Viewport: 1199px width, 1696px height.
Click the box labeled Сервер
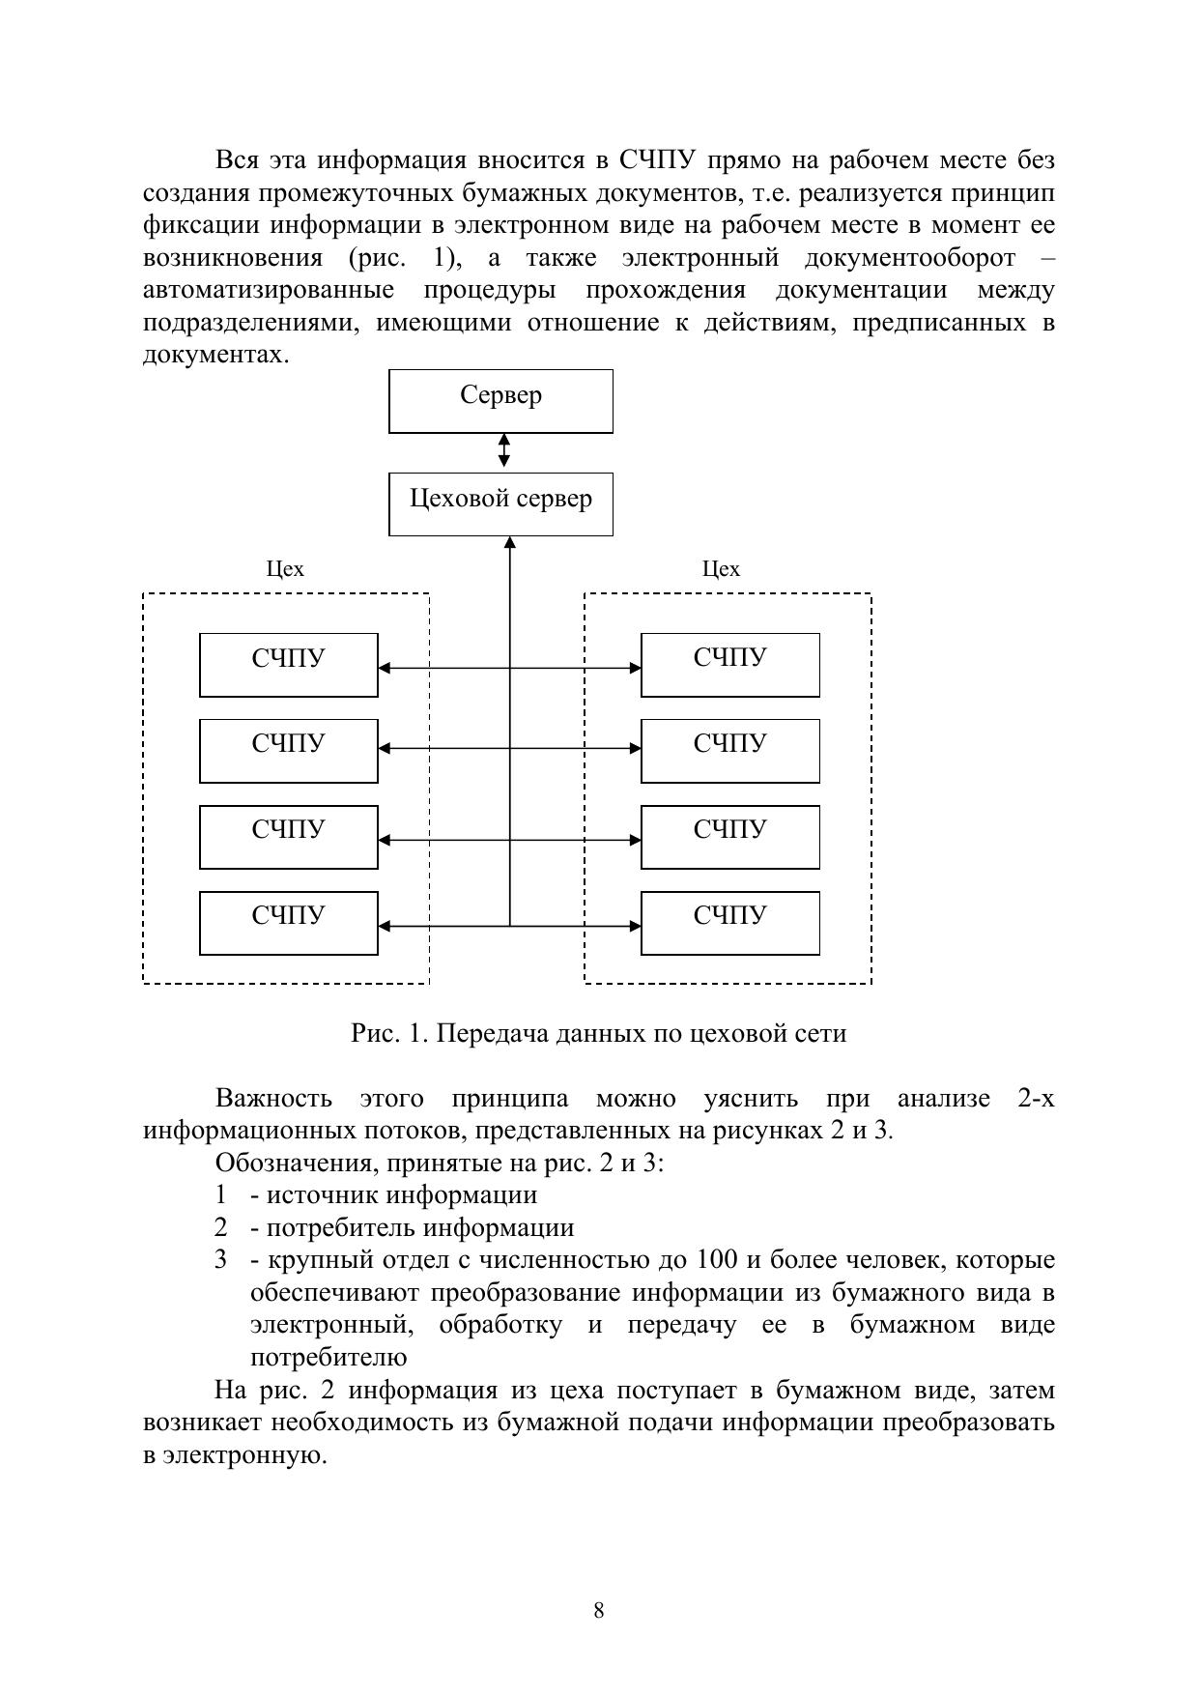(500, 400)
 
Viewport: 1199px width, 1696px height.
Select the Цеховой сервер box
(500, 503)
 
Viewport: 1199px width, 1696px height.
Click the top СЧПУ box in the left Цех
(288, 664)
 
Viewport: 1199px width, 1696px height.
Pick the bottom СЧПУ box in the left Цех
(288, 922)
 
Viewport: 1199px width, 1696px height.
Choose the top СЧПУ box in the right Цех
(729, 664)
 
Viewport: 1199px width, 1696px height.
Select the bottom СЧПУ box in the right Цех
(729, 922)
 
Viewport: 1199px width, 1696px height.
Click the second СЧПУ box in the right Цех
(729, 750)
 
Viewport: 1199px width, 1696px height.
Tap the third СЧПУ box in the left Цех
(288, 836)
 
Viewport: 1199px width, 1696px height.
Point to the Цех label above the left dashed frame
(285, 569)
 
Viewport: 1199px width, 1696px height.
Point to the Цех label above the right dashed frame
(721, 569)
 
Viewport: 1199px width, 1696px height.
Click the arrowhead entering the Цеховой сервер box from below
(510, 543)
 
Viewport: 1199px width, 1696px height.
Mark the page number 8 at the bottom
(599, 1610)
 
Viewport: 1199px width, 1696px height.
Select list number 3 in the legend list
(221, 1260)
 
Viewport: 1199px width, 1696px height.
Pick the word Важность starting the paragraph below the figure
(273, 1099)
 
